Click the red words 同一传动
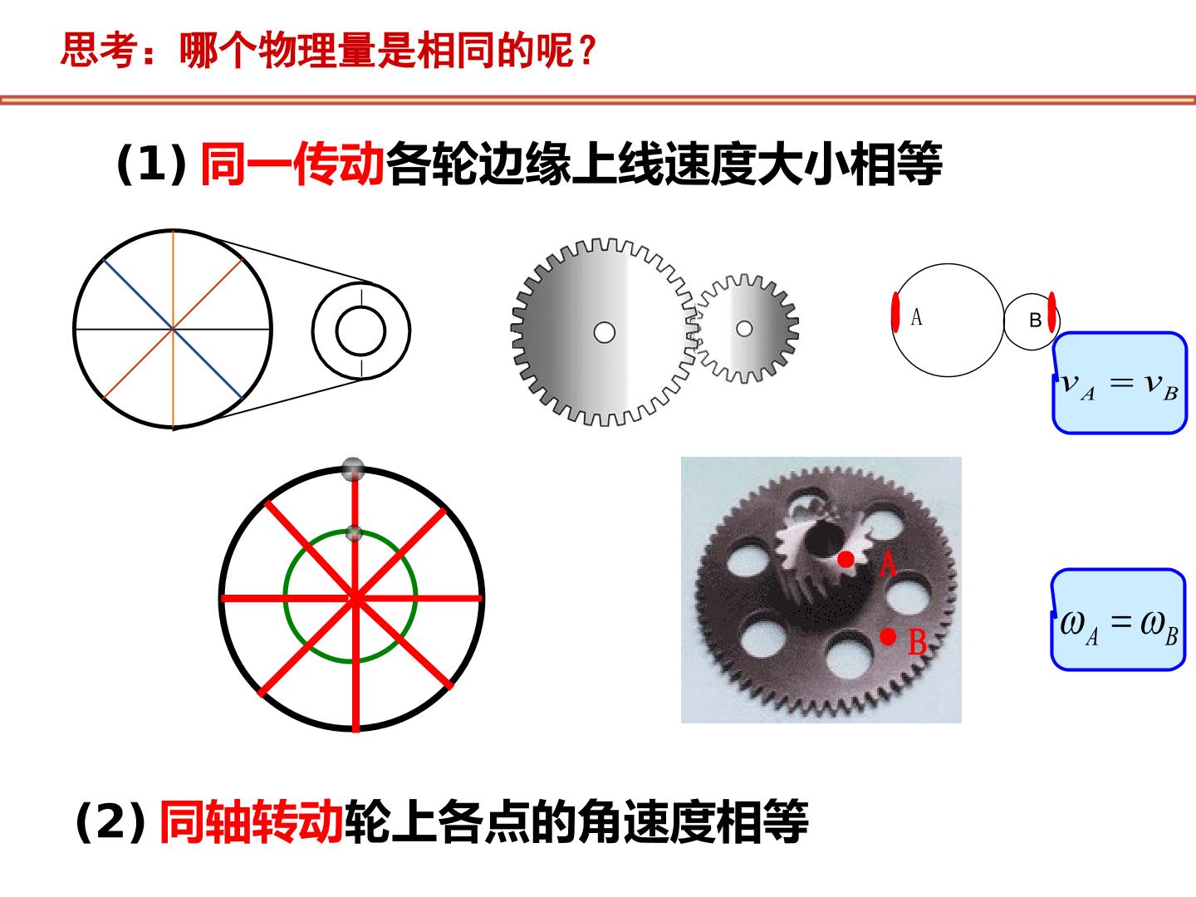coord(293,164)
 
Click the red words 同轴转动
coord(251,822)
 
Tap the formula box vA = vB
coord(1119,383)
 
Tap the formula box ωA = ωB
coord(1118,620)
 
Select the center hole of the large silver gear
coord(605,332)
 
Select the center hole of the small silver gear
coord(744,328)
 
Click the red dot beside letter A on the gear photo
coord(846,559)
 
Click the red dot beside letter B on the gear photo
coord(888,636)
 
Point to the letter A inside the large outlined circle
coord(916,316)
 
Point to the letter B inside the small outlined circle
coord(1035,321)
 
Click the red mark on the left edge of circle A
coord(895,312)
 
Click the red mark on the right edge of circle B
coord(1051,312)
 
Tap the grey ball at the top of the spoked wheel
coord(353,469)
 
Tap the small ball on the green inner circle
coord(354,533)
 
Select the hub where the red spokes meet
coord(355,599)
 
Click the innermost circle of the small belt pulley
coord(360,331)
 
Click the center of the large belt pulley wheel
coord(173,329)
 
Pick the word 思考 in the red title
coord(99,50)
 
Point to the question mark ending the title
coord(587,51)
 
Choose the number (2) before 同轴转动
coord(110,822)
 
